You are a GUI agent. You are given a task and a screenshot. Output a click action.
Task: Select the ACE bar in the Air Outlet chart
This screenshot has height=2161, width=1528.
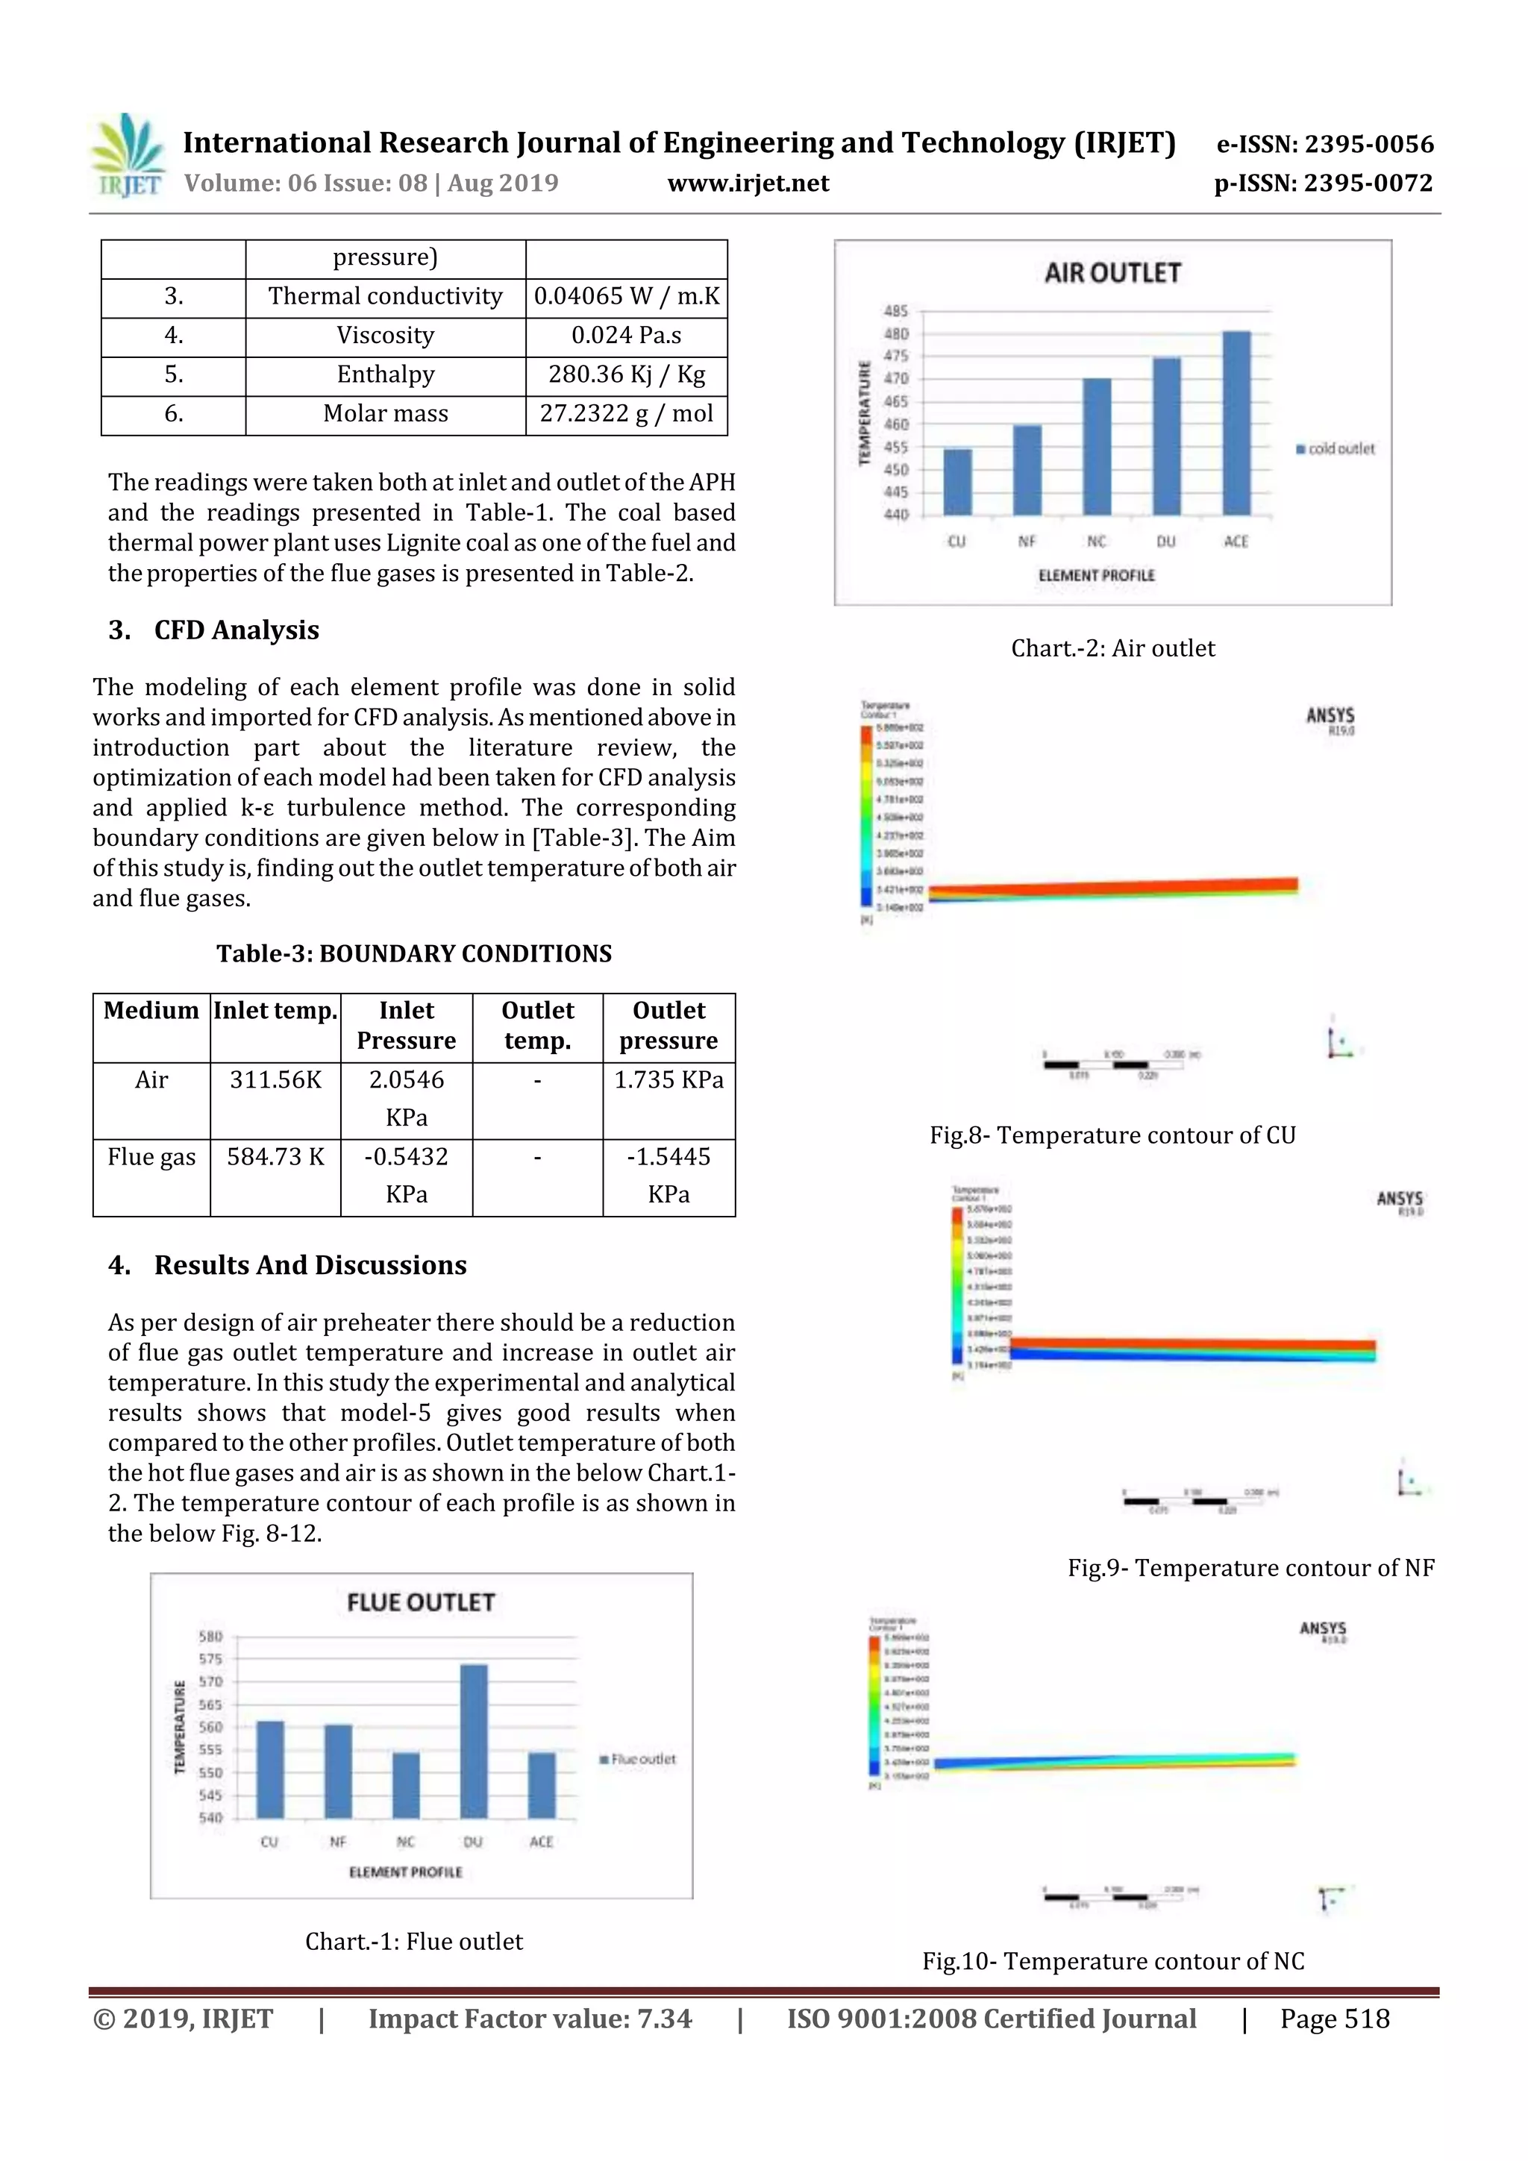tap(1236, 423)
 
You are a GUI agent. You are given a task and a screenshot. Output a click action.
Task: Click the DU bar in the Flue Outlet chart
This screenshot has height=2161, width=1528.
tap(474, 1741)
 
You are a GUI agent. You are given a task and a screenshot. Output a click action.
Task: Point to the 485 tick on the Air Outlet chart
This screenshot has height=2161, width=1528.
tap(896, 310)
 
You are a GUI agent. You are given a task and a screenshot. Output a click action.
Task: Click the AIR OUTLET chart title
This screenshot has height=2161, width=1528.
tap(1112, 274)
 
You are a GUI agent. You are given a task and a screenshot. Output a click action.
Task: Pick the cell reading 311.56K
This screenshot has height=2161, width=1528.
tap(275, 1079)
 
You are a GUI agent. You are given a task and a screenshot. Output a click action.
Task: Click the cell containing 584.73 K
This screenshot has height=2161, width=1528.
tap(275, 1157)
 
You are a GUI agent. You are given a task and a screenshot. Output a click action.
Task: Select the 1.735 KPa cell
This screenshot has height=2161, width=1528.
tap(668, 1079)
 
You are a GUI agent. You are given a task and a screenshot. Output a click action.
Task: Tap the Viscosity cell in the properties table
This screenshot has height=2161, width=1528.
tap(385, 335)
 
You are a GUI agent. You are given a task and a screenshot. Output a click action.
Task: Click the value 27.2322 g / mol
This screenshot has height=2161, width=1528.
tap(626, 413)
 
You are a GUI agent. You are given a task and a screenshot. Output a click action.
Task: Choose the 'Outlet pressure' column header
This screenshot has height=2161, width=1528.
tap(668, 1025)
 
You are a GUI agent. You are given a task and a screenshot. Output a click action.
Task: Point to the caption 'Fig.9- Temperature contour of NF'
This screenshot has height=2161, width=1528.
tap(1249, 1568)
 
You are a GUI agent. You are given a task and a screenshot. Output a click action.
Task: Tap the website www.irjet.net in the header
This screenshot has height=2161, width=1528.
tap(748, 184)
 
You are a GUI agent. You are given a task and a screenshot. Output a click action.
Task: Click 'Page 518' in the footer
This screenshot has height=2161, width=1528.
tap(1334, 2019)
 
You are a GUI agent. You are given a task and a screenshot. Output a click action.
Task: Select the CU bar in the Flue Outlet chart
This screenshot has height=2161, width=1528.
tap(270, 1769)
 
